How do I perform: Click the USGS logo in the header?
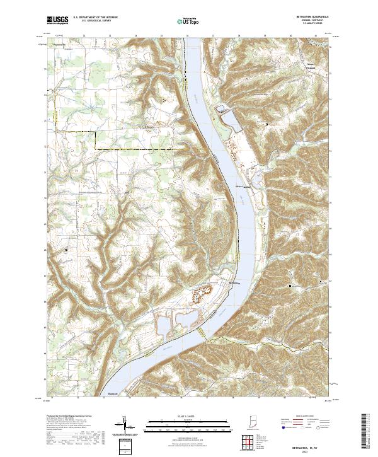point(57,20)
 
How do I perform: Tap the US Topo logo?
point(183,21)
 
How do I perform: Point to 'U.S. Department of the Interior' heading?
point(95,17)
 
